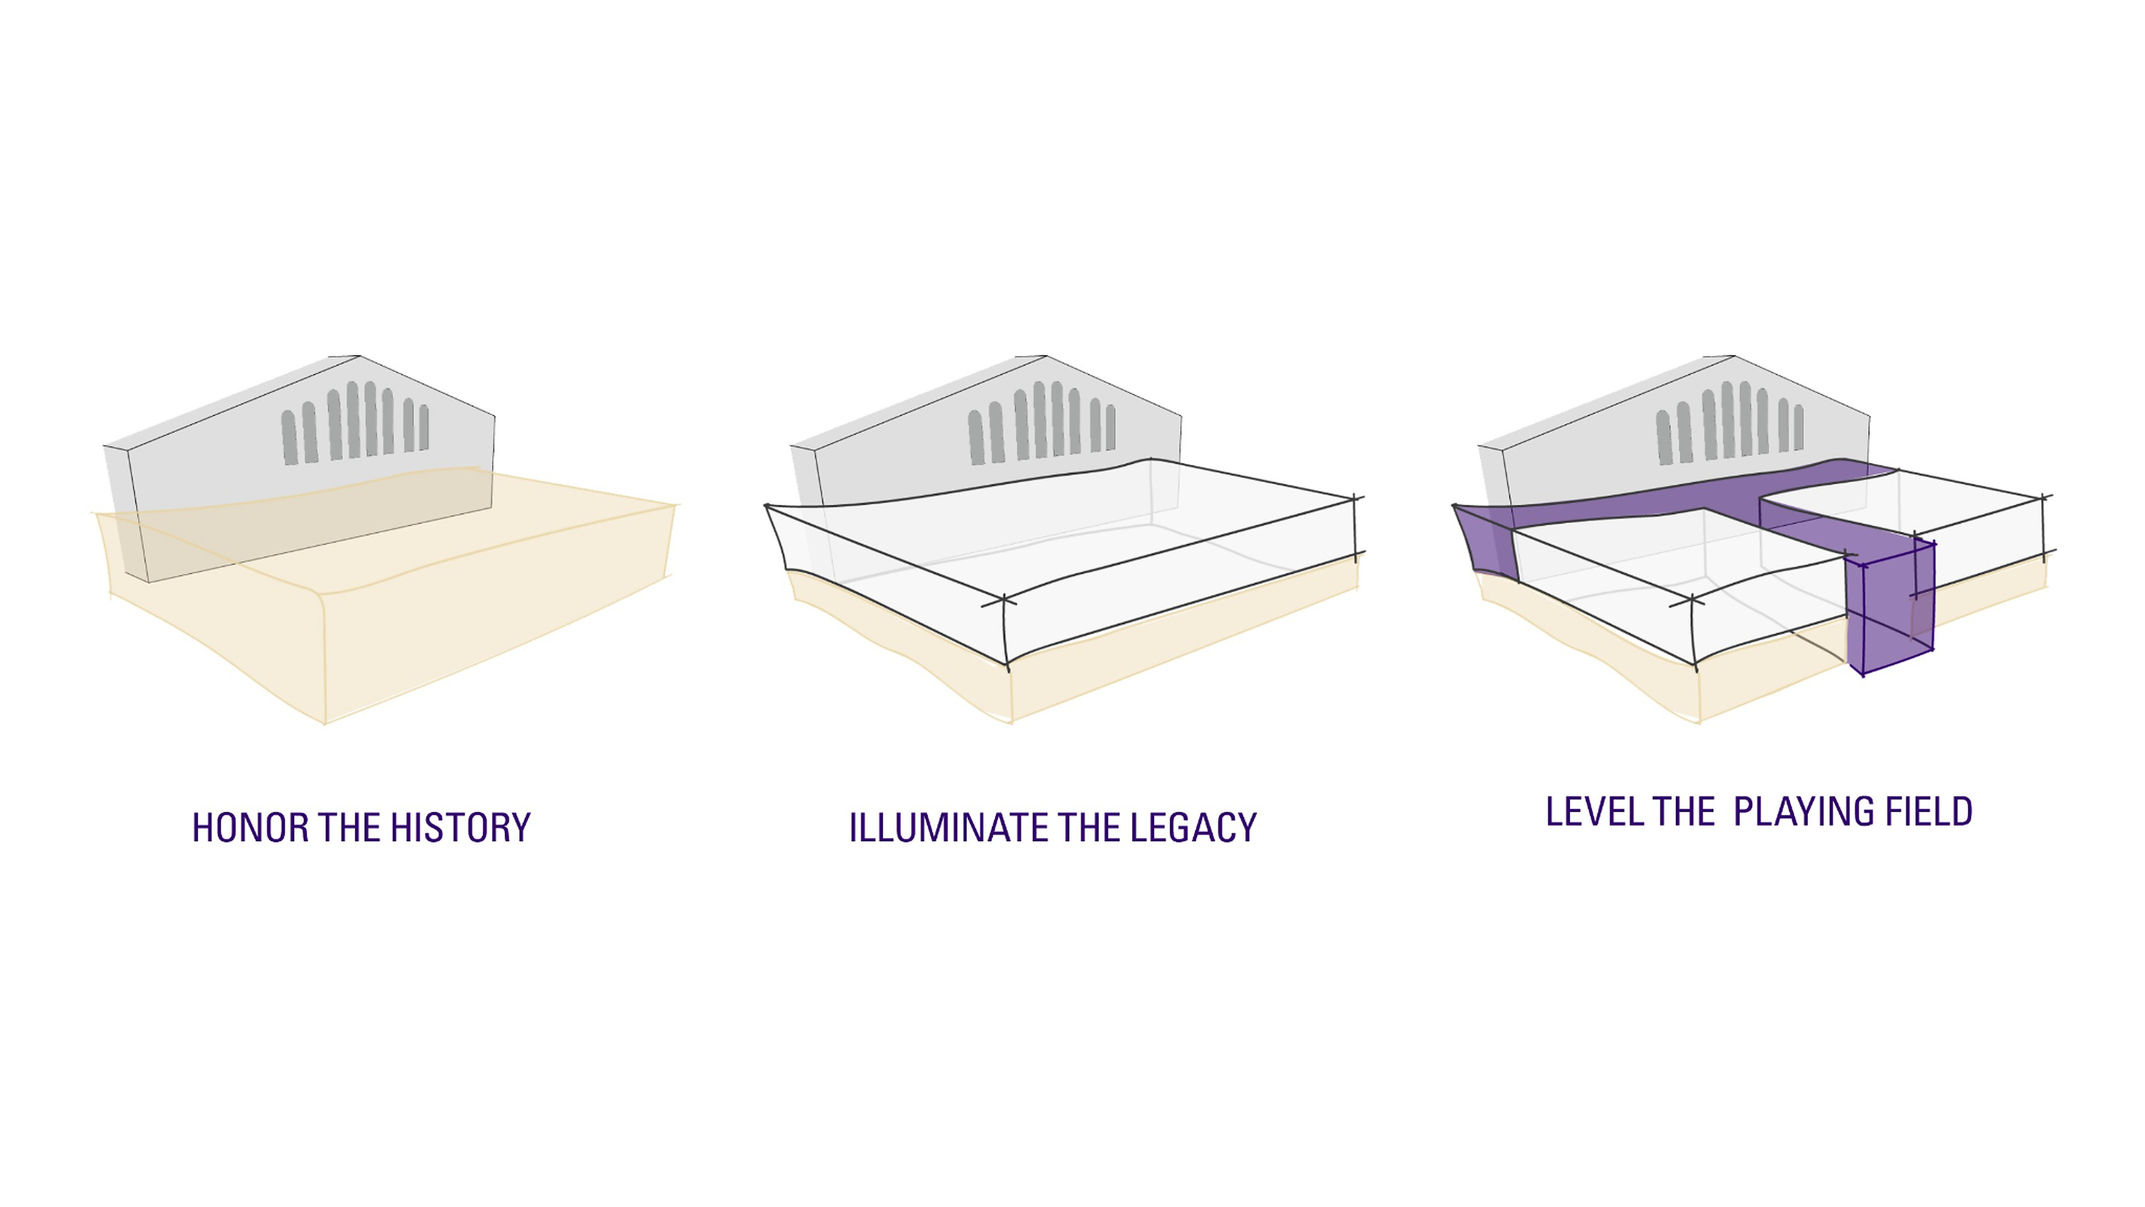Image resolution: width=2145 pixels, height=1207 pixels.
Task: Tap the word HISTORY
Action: [460, 827]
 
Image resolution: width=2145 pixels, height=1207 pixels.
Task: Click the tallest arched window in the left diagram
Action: [353, 420]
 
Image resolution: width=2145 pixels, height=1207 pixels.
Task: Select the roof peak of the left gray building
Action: [359, 356]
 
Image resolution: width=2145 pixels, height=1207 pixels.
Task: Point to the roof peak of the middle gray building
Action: [1046, 356]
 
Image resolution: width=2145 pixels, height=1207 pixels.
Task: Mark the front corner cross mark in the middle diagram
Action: [1005, 600]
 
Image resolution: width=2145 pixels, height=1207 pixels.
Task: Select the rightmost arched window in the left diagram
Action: [424, 427]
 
